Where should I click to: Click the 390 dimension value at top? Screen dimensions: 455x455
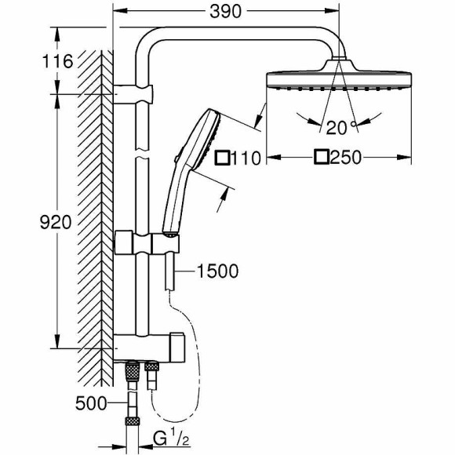click(x=224, y=11)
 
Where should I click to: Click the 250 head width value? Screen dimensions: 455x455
click(x=346, y=158)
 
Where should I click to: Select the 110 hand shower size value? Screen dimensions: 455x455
click(x=245, y=158)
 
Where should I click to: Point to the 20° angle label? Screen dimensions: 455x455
click(x=339, y=126)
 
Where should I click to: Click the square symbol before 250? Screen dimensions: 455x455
click(x=320, y=158)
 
